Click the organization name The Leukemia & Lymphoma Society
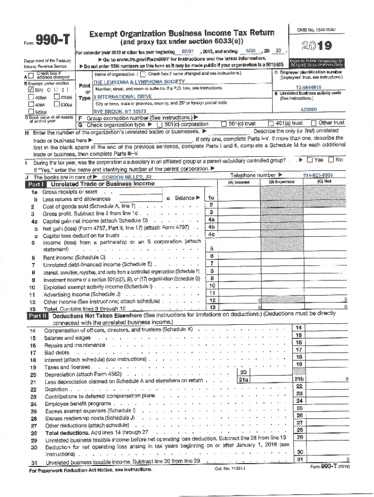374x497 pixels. pos(132,82)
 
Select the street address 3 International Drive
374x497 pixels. pos(122,97)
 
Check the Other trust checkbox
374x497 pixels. pos(313,124)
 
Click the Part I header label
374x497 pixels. pos(36,184)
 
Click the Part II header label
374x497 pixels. pos(36,315)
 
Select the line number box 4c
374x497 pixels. pos(211,234)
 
